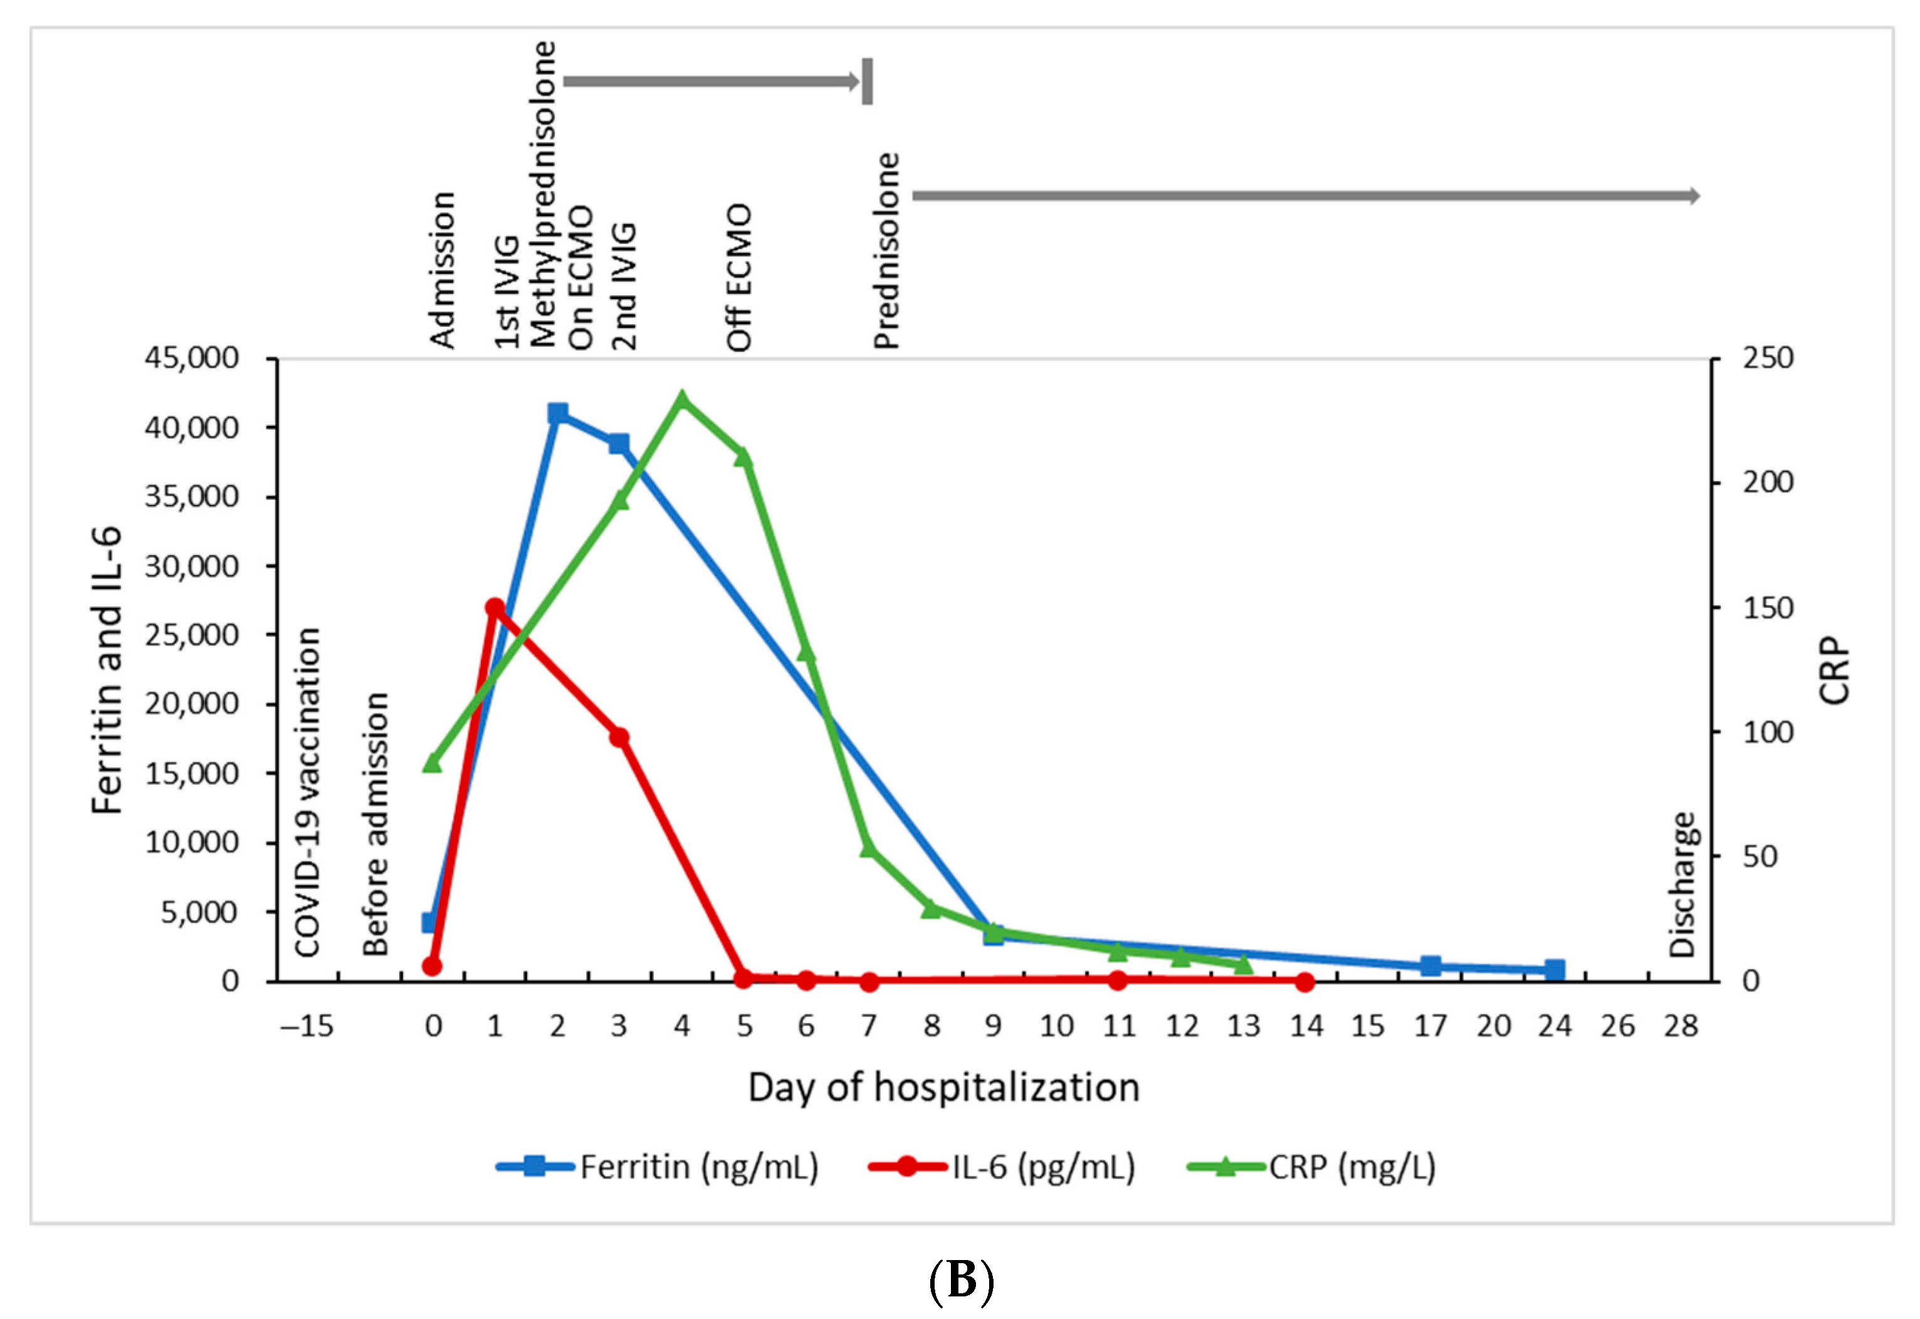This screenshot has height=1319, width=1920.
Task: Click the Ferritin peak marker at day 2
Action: click(x=558, y=413)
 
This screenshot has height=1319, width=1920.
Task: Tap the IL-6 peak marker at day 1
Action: click(x=495, y=607)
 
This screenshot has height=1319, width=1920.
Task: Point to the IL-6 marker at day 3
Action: click(x=619, y=737)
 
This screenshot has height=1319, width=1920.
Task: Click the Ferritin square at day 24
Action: click(x=1555, y=970)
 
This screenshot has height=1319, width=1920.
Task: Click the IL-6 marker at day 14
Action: click(x=1305, y=982)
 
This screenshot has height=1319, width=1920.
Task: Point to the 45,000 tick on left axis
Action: click(x=192, y=358)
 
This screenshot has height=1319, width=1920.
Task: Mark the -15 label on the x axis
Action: click(x=307, y=1027)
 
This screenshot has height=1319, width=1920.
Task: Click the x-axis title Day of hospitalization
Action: click(x=943, y=1088)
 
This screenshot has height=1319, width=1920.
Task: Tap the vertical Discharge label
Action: click(x=1682, y=884)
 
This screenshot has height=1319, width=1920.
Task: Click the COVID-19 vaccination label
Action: click(x=307, y=792)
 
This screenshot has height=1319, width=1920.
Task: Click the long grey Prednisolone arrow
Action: click(x=1305, y=196)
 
